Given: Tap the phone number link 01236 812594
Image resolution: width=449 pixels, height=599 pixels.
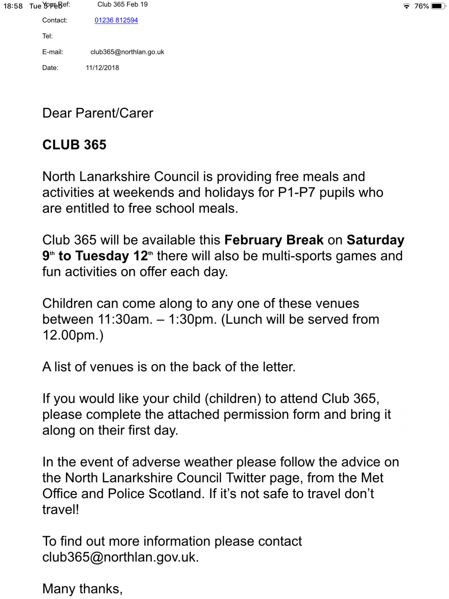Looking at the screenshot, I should coord(116,20).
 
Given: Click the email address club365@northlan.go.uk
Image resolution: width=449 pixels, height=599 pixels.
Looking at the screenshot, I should coord(127,52).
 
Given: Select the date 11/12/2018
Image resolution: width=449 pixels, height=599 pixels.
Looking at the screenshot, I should coord(102,68).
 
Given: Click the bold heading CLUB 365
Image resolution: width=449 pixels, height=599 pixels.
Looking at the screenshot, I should coord(75,145).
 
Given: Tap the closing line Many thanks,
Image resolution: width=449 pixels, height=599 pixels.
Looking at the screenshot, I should coord(83,588).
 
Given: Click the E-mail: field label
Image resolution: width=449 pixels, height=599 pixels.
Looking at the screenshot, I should coord(53,52).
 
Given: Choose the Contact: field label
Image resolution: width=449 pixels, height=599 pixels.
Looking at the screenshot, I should coord(55,20).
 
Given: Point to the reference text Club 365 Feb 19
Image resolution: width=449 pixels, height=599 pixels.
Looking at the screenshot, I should coord(122,5).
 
